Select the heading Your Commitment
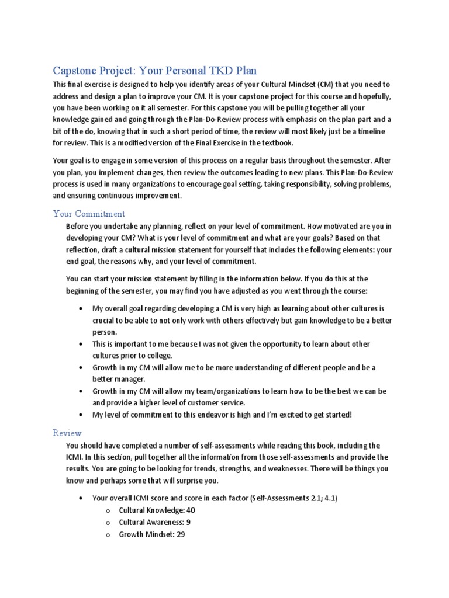click(x=89, y=214)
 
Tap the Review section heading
click(x=67, y=433)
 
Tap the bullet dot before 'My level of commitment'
click(x=80, y=415)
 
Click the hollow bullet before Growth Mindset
click(x=108, y=534)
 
